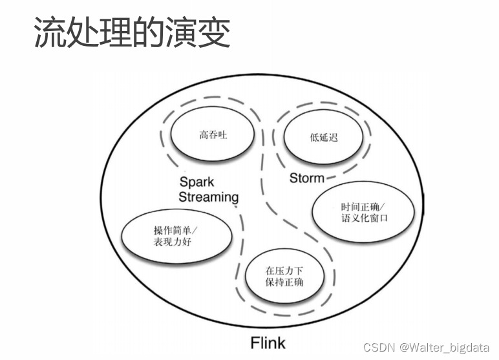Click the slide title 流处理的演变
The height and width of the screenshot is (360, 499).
(132, 32)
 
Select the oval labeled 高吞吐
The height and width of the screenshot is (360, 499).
(213, 136)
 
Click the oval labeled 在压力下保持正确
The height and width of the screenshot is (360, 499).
(284, 277)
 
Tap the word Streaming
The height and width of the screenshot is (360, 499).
(208, 197)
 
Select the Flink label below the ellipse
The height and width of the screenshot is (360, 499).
(267, 342)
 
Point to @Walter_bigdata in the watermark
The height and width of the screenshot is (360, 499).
(445, 347)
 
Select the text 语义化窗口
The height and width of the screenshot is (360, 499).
(365, 218)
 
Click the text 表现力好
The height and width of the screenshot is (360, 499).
(173, 242)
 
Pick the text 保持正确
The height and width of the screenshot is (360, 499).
(284, 282)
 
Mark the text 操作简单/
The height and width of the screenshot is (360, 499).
(176, 230)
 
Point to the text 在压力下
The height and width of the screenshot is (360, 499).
(284, 271)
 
